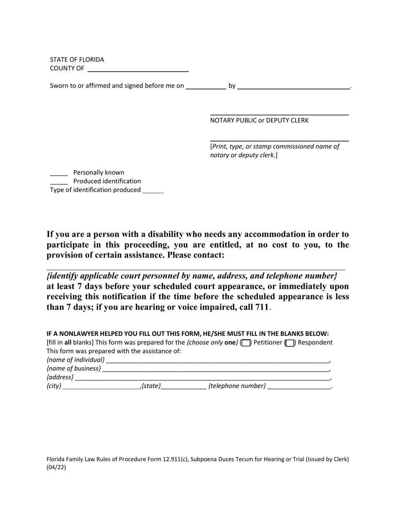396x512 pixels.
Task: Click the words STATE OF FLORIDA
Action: [77, 60]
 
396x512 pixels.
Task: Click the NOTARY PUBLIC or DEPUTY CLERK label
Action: [259, 120]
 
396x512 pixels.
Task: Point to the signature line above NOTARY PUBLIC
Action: [279, 114]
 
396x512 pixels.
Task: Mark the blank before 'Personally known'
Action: [59, 174]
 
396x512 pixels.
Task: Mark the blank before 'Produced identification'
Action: [59, 182]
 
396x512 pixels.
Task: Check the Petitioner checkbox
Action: [246, 343]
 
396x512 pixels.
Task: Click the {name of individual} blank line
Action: [217, 361]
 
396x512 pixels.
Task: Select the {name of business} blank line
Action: [216, 370]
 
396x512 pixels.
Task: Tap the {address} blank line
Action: [202, 378]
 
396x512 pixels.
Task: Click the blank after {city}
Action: [101, 387]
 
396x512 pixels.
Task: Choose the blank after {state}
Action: [183, 387]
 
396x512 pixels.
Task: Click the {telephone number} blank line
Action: [299, 387]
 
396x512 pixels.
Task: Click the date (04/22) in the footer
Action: [56, 467]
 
